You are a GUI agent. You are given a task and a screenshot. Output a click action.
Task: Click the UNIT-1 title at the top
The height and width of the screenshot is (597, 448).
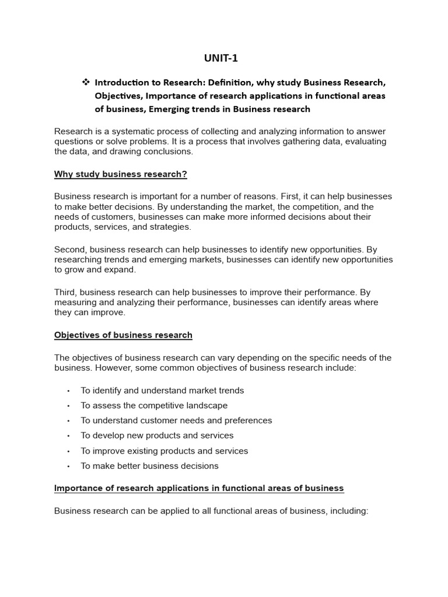tap(220, 58)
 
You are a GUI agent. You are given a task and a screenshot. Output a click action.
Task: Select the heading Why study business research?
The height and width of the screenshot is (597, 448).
tap(120, 174)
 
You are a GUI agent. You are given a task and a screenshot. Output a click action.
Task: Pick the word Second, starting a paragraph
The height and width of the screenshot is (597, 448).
tap(71, 250)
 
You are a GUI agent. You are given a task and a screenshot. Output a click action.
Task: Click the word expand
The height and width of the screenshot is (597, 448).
tap(121, 269)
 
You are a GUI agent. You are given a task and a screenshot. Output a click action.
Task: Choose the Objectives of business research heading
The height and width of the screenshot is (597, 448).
tap(123, 335)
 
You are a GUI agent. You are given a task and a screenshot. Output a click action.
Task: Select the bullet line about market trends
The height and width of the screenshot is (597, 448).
tap(162, 391)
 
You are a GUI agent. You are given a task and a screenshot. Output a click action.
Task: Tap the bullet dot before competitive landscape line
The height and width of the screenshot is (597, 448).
tap(68, 406)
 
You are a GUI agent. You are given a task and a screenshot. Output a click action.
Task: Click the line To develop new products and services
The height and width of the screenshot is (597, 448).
tap(157, 436)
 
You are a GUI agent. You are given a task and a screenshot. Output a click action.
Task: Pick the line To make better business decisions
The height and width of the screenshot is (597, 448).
tap(149, 466)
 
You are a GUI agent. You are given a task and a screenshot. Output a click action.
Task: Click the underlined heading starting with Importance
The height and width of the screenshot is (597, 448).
tap(199, 488)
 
